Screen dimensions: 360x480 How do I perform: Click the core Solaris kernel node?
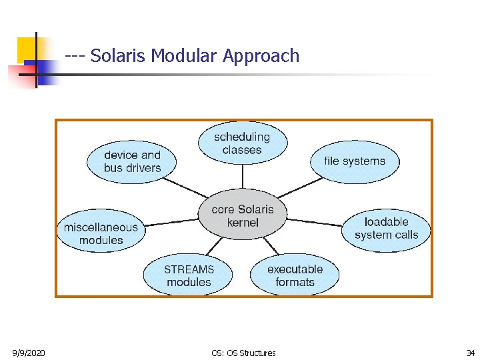pos(243,216)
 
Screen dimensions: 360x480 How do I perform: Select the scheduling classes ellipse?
pos(243,143)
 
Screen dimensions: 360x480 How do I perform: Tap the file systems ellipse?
pos(355,161)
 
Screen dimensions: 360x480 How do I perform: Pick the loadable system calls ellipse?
pos(386,229)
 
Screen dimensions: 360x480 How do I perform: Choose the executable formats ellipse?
pos(295,275)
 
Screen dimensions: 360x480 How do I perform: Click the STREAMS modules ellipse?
pos(189,275)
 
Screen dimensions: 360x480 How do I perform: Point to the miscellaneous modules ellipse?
pos(101,233)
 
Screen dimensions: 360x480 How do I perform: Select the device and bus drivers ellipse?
pos(133,162)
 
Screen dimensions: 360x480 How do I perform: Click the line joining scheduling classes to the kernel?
pos(243,177)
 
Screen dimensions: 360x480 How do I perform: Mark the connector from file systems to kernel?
pos(301,187)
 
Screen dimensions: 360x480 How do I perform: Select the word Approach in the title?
pos(261,56)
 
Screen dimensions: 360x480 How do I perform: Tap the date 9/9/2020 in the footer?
pos(29,353)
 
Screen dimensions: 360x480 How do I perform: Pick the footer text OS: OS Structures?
pos(243,353)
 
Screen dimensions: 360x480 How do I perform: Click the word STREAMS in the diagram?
pos(189,269)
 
